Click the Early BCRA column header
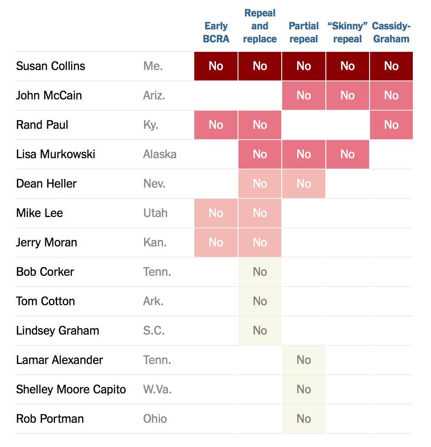pyautogui.click(x=216, y=32)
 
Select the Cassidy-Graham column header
pyautogui.click(x=391, y=32)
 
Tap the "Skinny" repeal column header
pyautogui.click(x=347, y=32)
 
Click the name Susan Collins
pyautogui.click(x=51, y=66)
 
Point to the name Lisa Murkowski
pyautogui.click(x=55, y=154)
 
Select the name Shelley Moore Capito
pyautogui.click(x=71, y=390)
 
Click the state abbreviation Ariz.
pyautogui.click(x=154, y=96)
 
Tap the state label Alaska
pyautogui.click(x=160, y=154)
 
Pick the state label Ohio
pyautogui.click(x=155, y=419)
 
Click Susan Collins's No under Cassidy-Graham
pyautogui.click(x=391, y=66)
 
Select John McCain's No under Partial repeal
pyautogui.click(x=304, y=96)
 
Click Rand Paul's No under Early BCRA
pyautogui.click(x=216, y=125)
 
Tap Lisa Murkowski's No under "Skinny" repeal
pyautogui.click(x=347, y=154)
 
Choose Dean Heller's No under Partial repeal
pyautogui.click(x=304, y=184)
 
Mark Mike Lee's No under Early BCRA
pyautogui.click(x=216, y=213)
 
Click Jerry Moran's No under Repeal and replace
pyautogui.click(x=260, y=243)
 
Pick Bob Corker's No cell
pyautogui.click(x=260, y=272)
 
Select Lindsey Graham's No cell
pyautogui.click(x=260, y=331)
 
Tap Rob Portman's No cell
pyautogui.click(x=304, y=419)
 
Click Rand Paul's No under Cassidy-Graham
pyautogui.click(x=391, y=125)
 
